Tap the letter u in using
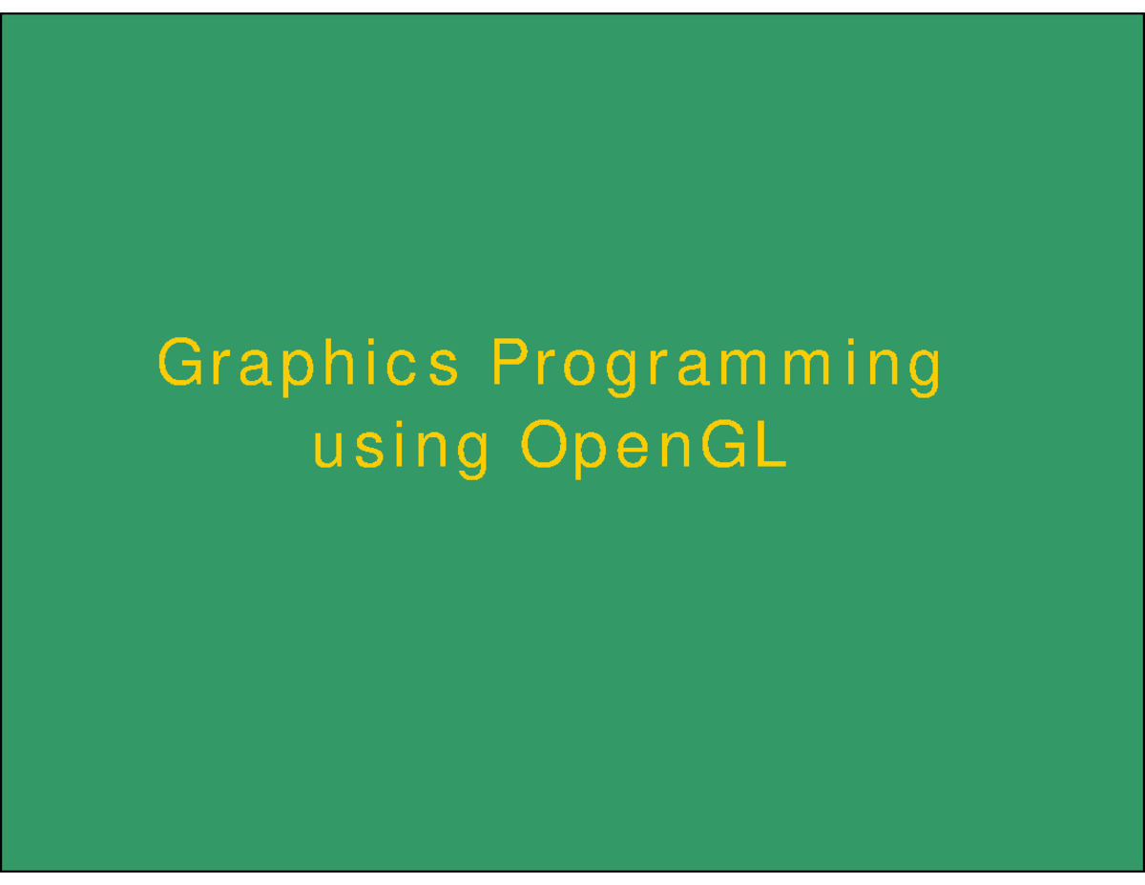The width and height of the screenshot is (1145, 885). [x=327, y=450]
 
